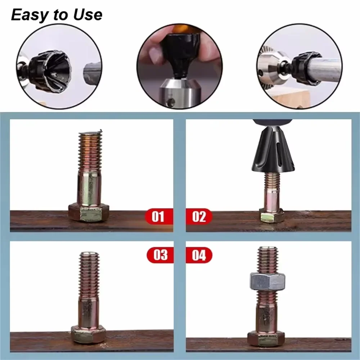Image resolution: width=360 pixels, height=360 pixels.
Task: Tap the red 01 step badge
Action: (x=158, y=216)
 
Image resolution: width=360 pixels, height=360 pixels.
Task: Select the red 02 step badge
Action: (x=199, y=216)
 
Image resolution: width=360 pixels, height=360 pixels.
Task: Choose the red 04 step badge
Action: (x=199, y=255)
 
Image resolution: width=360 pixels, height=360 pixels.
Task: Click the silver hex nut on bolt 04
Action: (x=267, y=281)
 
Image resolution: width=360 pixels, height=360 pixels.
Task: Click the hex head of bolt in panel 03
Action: (x=88, y=334)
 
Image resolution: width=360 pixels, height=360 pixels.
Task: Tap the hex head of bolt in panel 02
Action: (x=272, y=216)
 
